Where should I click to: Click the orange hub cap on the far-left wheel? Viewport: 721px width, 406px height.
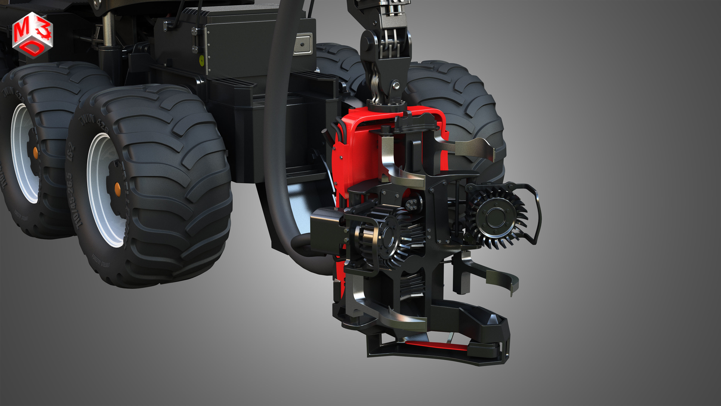pyautogui.click(x=35, y=152)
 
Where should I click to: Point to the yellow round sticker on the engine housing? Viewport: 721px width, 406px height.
pyautogui.click(x=201, y=59)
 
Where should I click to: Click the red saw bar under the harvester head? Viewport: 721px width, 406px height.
pyautogui.click(x=437, y=346)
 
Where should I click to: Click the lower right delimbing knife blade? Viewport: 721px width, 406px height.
pyautogui.click(x=501, y=280)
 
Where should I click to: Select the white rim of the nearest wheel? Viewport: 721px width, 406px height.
pyautogui.click(x=98, y=191)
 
